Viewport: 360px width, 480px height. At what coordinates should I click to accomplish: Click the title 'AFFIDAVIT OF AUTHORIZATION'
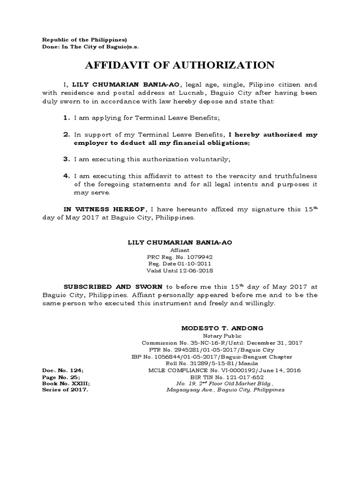pyautogui.click(x=180, y=65)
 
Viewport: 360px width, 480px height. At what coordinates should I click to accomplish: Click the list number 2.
pyautogui.click(x=67, y=135)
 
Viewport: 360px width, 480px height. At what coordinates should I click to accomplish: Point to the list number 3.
pyautogui.click(x=67, y=159)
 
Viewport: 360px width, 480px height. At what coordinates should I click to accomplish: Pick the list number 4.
pyautogui.click(x=67, y=176)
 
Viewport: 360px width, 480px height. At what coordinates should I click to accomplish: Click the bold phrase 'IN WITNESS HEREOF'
pyautogui.click(x=105, y=210)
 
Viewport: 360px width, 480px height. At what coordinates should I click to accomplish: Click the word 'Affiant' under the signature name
pyautogui.click(x=180, y=251)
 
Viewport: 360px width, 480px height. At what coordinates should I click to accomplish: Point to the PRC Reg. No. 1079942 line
pyautogui.click(x=180, y=257)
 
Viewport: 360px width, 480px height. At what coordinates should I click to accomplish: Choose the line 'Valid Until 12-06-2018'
pyautogui.click(x=180, y=270)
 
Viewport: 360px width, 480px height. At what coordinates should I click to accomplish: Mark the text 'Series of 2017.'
pyautogui.click(x=65, y=390)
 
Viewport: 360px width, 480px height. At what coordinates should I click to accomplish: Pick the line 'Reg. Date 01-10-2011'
pyautogui.click(x=180, y=264)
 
